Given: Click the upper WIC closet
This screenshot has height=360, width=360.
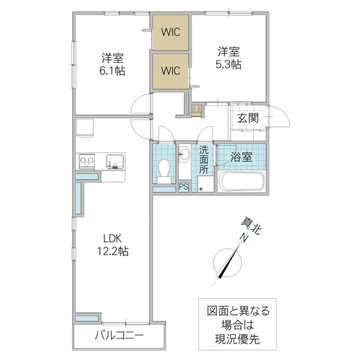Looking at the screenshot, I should tap(170, 32).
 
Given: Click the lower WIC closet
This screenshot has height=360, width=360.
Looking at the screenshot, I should tap(170, 71).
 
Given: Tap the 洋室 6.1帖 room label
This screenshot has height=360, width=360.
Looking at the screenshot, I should tap(112, 64).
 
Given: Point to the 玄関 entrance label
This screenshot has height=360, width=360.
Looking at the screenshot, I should tap(247, 118).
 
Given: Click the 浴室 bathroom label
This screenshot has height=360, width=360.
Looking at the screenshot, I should tap(241, 158).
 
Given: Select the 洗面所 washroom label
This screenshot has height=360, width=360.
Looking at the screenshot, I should tap(205, 160).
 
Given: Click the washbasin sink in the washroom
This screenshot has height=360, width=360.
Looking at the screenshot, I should tap(184, 155).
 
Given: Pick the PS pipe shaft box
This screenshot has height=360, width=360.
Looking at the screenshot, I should tap(184, 187).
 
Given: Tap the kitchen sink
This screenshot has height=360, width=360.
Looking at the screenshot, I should tap(115, 161).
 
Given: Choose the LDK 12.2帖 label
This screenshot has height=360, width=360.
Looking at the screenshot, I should tap(112, 244).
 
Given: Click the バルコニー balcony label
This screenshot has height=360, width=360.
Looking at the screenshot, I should tap(118, 334).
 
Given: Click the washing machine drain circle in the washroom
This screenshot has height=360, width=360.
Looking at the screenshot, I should tap(202, 188).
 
